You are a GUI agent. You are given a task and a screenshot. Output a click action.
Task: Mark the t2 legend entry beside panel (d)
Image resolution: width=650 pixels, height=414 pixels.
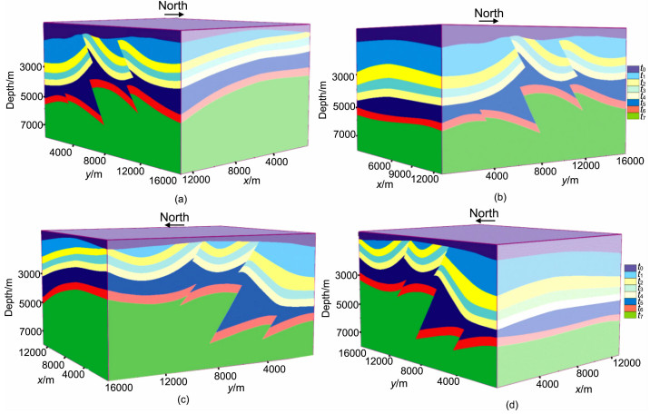pos(640,287)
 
